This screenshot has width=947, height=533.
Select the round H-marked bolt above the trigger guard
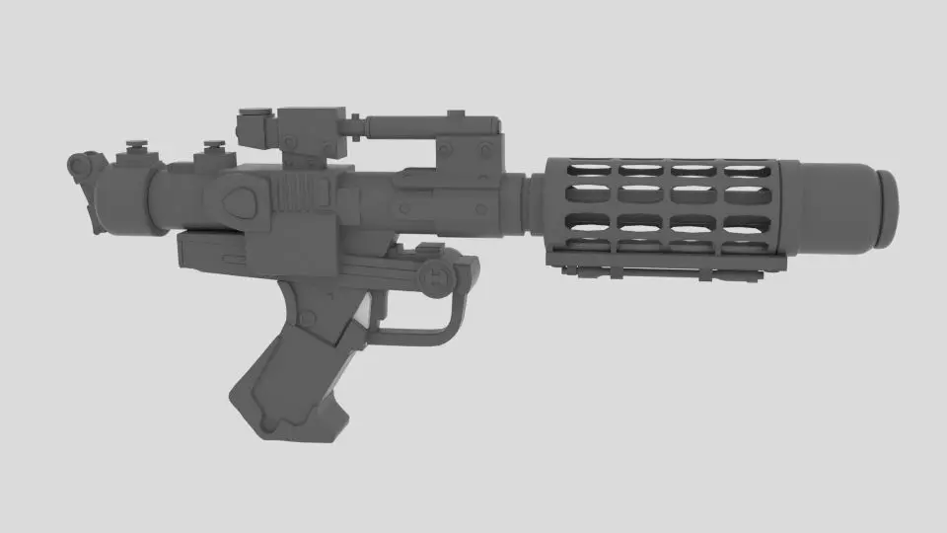tap(435, 278)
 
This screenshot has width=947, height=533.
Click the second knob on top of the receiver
tap(209, 154)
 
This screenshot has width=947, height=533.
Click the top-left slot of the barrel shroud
tap(586, 171)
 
